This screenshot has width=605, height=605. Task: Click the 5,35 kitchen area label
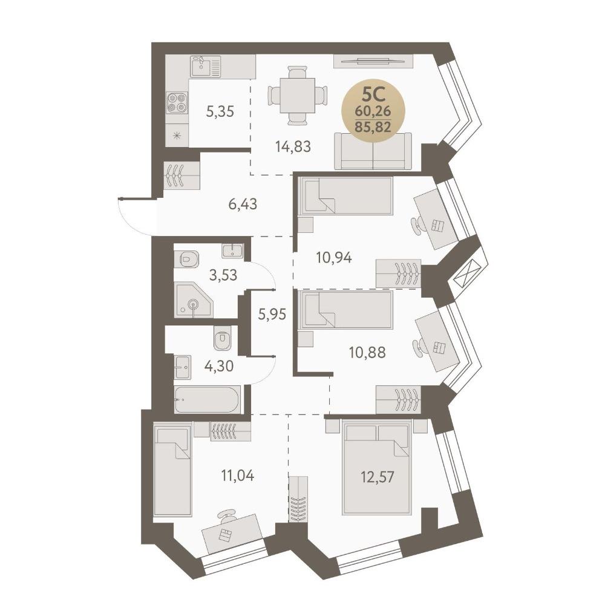pyautogui.click(x=220, y=112)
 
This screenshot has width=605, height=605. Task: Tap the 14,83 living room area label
pyautogui.click(x=293, y=146)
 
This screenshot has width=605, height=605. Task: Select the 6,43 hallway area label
pyautogui.click(x=243, y=204)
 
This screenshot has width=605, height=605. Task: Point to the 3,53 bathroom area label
pyautogui.click(x=223, y=275)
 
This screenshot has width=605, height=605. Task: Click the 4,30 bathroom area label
pyautogui.click(x=219, y=365)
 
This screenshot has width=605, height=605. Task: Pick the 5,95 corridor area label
pyautogui.click(x=272, y=315)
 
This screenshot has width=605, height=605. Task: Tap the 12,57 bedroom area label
pyautogui.click(x=378, y=477)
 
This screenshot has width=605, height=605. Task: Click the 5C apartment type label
pyautogui.click(x=373, y=94)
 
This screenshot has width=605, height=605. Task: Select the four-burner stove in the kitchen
pyautogui.click(x=177, y=103)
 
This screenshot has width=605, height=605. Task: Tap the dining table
pyautogui.click(x=297, y=95)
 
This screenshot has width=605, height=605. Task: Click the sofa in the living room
pyautogui.click(x=373, y=151)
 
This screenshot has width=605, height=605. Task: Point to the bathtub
pyautogui.click(x=208, y=399)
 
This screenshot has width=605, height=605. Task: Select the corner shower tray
pyautogui.click(x=193, y=299)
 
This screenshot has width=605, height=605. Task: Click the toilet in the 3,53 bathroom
pyautogui.click(x=186, y=259)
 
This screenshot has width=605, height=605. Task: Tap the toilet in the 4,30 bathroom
pyautogui.click(x=223, y=338)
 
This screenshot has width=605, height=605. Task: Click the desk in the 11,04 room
pyautogui.click(x=232, y=534)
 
